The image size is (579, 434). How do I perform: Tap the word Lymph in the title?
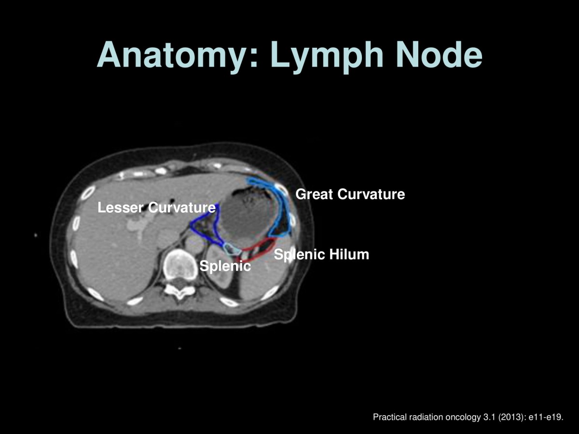tap(327, 55)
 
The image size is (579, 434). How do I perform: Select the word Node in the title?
tap(439, 54)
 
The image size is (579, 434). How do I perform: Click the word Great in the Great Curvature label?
tap(314, 194)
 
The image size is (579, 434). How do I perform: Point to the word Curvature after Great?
tap(371, 194)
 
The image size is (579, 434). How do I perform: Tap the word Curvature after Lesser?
tap(182, 208)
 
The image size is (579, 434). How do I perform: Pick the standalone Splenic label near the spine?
tap(225, 266)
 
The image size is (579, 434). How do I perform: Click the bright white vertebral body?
tap(180, 264)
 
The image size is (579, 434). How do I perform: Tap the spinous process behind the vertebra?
tap(180, 294)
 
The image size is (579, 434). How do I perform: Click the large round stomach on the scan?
tap(247, 216)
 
